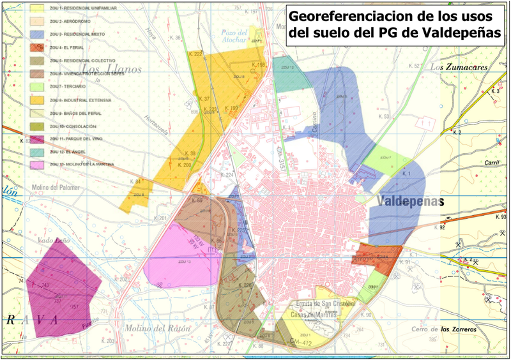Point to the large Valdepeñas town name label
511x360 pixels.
coord(409,201)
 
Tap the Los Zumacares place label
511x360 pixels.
coord(458,66)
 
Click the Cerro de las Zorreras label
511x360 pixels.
coord(445,329)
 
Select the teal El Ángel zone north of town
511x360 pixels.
coord(284,73)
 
